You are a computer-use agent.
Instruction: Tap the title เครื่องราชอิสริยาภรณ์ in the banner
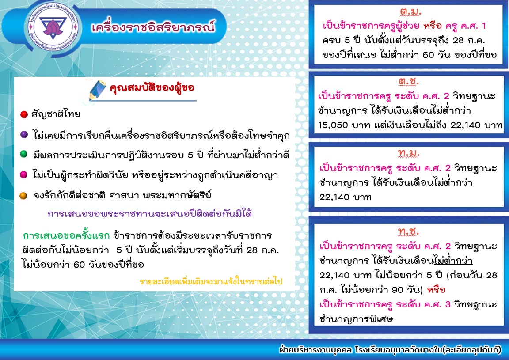click(153, 27)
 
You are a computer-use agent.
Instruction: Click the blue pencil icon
click(98, 90)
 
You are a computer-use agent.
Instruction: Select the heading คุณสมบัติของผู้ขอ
click(152, 88)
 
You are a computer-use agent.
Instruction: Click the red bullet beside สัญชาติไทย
click(24, 114)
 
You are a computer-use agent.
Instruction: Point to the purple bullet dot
click(24, 134)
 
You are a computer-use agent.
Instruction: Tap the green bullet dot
click(24, 154)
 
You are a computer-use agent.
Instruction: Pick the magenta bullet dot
click(24, 174)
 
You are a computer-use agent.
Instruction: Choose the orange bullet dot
click(23, 195)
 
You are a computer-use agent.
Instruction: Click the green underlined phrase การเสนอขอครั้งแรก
click(66, 235)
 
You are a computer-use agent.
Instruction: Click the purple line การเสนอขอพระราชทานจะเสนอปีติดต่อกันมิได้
click(150, 214)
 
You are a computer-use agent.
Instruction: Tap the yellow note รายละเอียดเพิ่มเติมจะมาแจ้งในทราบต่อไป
click(211, 281)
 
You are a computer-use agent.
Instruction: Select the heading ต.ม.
click(410, 11)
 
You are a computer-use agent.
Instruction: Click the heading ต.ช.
click(409, 81)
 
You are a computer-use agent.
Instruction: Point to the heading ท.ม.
click(409, 153)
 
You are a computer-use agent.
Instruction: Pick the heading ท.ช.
click(408, 231)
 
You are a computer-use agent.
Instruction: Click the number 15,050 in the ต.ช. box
click(333, 125)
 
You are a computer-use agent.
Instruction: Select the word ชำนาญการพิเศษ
click(356, 318)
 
